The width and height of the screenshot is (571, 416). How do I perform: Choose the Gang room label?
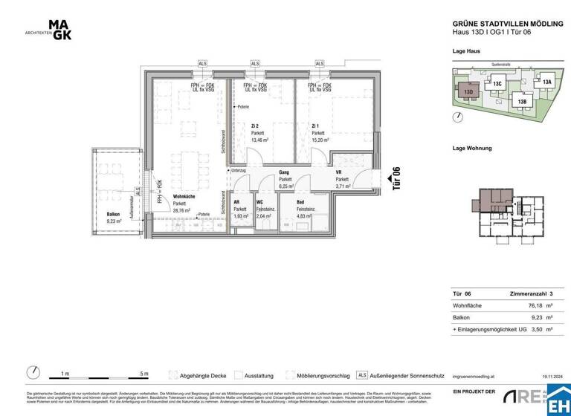[285, 172]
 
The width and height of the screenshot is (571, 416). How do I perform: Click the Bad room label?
[301, 202]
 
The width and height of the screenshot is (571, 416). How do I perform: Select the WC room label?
[259, 202]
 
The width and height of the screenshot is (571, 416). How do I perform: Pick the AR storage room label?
[237, 202]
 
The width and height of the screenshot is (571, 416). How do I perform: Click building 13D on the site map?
[468, 92]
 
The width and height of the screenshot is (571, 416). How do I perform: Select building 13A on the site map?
[546, 82]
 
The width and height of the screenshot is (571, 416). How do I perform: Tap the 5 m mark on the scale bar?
[143, 374]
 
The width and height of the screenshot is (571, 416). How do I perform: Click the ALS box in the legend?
[362, 374]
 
